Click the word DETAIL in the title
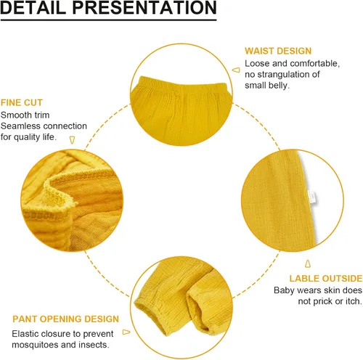tap(33, 7)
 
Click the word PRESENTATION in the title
tap(144, 7)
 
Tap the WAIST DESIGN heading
tap(278, 51)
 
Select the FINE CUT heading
tap(22, 102)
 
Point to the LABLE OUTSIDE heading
tap(326, 279)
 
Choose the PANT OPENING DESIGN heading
tap(65, 319)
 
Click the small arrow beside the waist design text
tap(236, 70)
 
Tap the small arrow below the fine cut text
tap(72, 140)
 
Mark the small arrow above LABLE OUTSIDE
tap(308, 263)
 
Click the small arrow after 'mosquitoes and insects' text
tap(126, 332)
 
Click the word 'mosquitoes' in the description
tap(35, 345)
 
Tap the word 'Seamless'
tap(20, 126)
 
